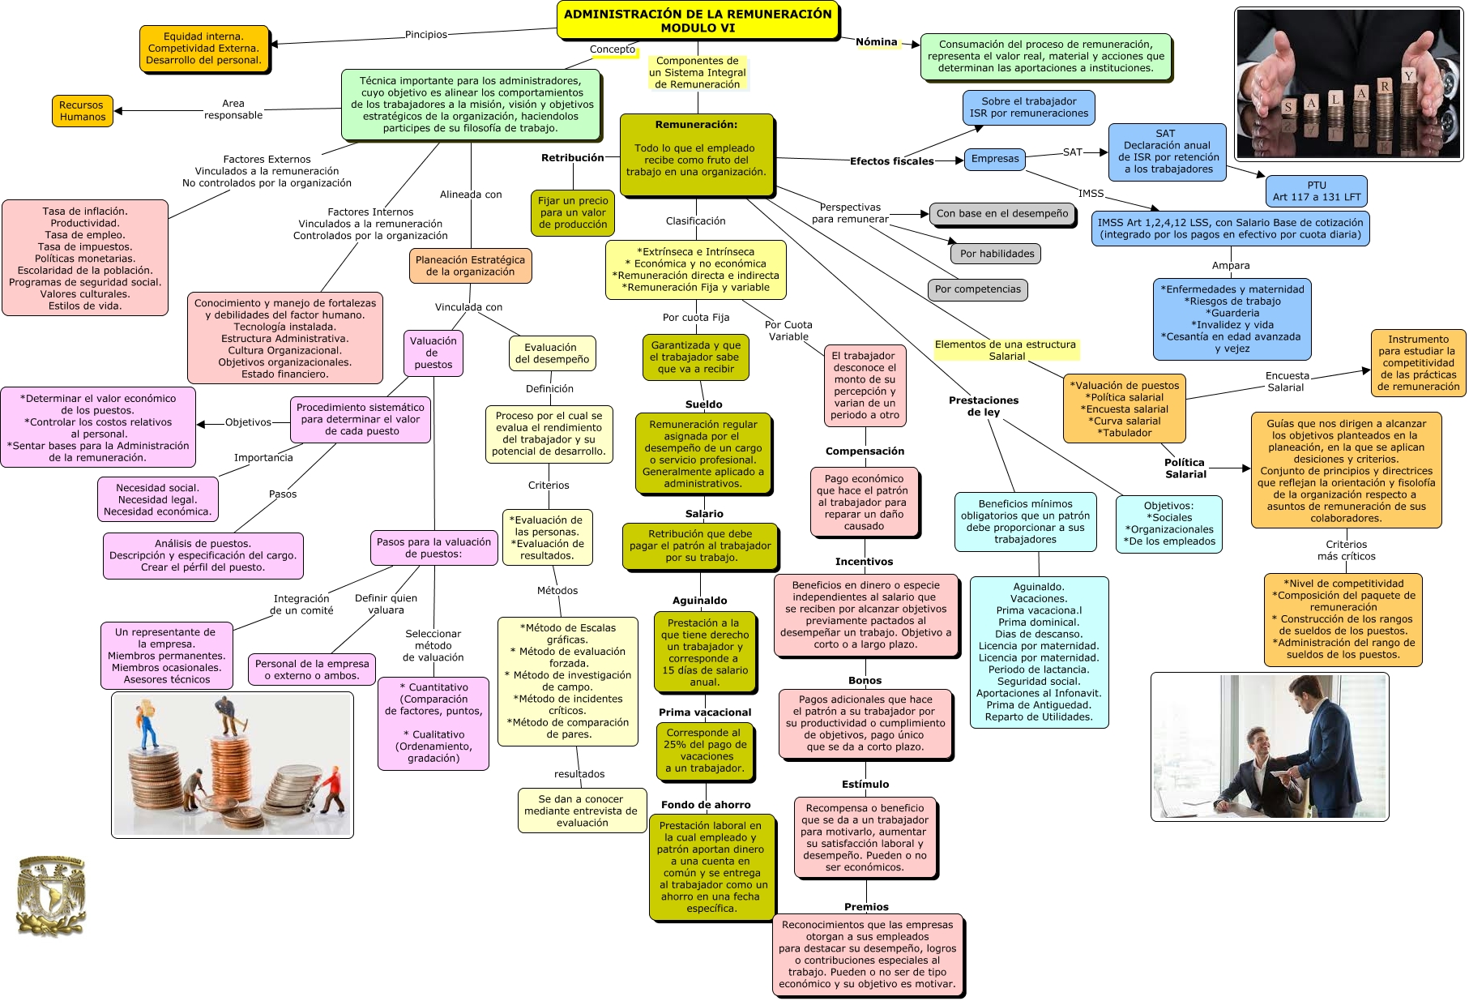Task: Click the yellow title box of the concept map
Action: [698, 21]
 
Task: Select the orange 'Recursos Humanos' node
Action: [82, 110]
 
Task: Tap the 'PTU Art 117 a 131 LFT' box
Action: [1316, 191]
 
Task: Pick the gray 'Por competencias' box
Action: [977, 289]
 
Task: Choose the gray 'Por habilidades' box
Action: [997, 254]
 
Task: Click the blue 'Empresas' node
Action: [995, 159]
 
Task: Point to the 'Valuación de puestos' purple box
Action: [433, 353]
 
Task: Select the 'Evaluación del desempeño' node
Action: [552, 353]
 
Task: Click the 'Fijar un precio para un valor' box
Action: [573, 212]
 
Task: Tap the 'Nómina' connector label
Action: [877, 42]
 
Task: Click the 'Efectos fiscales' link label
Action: [891, 161]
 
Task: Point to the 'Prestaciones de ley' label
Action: [984, 406]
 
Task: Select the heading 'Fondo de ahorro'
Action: [706, 805]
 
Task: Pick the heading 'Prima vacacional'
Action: [705, 712]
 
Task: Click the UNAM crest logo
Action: [51, 896]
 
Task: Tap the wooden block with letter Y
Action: [1409, 76]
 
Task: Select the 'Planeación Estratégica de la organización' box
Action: [470, 266]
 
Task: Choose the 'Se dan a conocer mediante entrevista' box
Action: [582, 811]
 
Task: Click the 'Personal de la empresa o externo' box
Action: [312, 669]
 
